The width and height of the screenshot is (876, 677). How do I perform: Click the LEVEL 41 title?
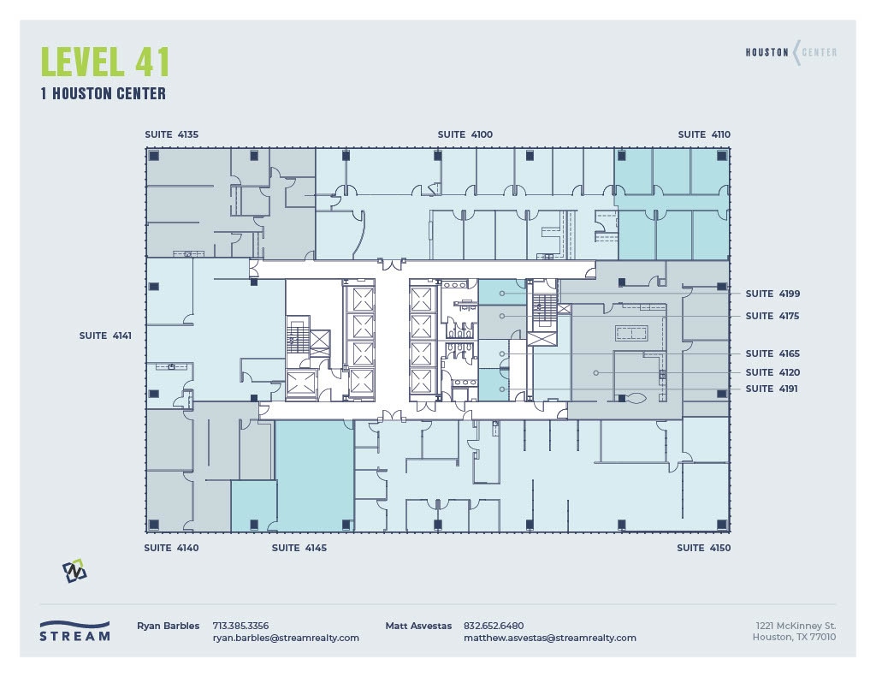[x=105, y=62]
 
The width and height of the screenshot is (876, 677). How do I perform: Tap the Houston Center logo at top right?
[x=790, y=52]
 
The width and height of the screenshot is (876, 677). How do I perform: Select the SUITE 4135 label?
[x=171, y=134]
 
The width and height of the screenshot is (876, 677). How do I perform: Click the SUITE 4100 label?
[x=465, y=134]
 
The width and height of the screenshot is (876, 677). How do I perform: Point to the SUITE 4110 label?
[x=704, y=134]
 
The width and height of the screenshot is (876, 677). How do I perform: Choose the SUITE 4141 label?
[x=105, y=336]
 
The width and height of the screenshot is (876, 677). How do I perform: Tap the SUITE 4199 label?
[x=772, y=294]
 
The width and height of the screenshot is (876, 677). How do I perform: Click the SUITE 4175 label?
[x=772, y=316]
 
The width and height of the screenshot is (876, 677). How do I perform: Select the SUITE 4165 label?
[x=772, y=353]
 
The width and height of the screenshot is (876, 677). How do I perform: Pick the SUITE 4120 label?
[x=772, y=372]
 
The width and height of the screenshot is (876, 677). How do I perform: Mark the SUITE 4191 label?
[x=772, y=389]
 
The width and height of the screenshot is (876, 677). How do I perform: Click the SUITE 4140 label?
[x=171, y=548]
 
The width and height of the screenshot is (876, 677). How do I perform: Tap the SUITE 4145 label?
[x=299, y=548]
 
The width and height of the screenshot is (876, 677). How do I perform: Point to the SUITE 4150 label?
[x=704, y=548]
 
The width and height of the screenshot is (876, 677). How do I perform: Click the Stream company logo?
[x=74, y=632]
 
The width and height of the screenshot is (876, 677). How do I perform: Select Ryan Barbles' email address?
[x=286, y=638]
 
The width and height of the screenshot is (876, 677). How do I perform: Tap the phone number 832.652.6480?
[x=494, y=626]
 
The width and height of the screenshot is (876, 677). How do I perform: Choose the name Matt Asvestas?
[x=418, y=626]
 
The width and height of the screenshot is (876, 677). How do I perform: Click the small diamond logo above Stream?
[x=74, y=571]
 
